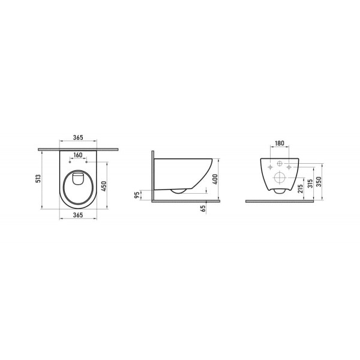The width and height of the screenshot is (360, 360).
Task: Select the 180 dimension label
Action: pos(280,144)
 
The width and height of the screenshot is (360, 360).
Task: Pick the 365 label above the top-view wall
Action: pos(79,138)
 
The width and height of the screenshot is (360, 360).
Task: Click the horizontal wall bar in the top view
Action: pos(79,147)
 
